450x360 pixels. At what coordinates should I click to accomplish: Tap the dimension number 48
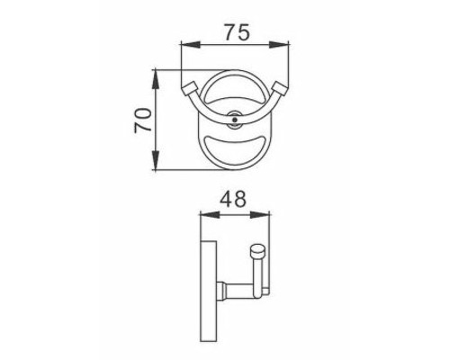pyautogui.click(x=233, y=198)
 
